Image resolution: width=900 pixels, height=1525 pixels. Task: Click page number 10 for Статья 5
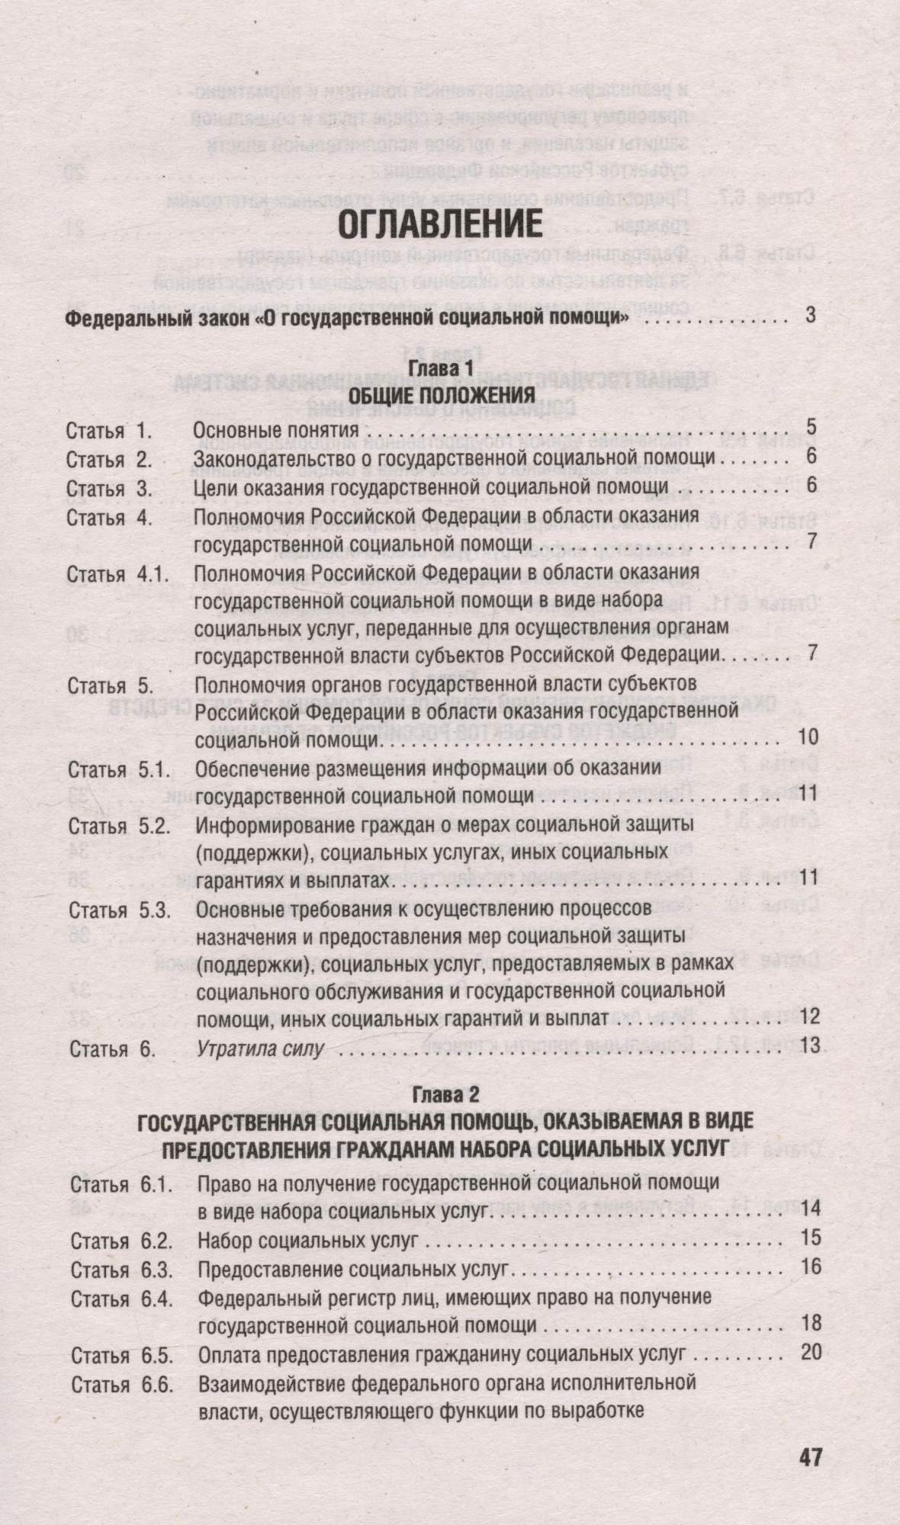point(807,737)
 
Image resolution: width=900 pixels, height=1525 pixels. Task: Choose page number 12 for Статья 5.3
point(808,1016)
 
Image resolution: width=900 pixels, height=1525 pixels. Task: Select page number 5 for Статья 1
point(811,426)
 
